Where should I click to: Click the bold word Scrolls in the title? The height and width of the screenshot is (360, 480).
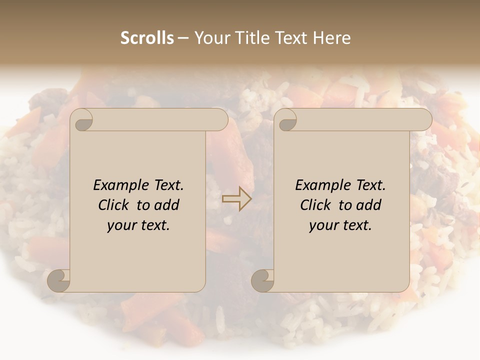[147, 38]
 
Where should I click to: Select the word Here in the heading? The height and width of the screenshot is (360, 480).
[332, 38]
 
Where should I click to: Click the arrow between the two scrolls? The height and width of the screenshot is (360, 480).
[236, 199]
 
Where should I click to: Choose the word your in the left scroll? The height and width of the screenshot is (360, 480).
[121, 226]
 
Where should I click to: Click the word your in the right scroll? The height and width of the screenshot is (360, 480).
[323, 226]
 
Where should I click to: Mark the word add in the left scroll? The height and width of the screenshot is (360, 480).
[167, 205]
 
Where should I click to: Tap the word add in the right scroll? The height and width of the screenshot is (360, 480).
[369, 205]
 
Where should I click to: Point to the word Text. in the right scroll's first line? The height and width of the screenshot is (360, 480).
[370, 185]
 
